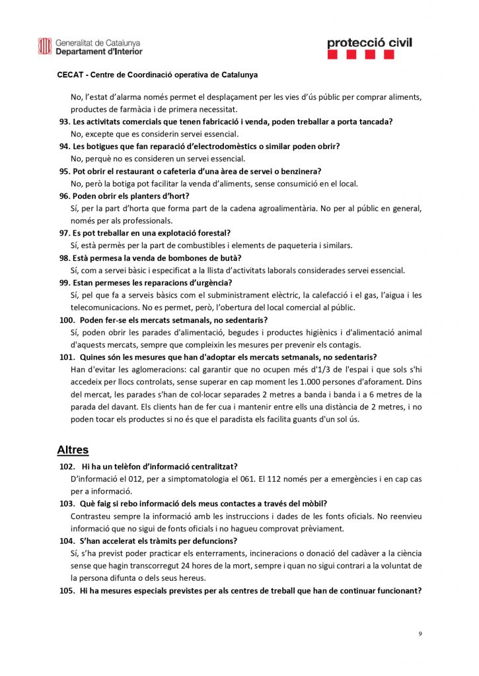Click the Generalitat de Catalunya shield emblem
(x=44, y=46)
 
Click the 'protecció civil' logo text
(x=369, y=43)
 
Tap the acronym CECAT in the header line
(x=71, y=75)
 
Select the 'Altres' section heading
(x=73, y=450)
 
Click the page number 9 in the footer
(x=420, y=634)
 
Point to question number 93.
(x=64, y=121)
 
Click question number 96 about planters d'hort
(x=64, y=196)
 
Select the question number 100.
(x=67, y=320)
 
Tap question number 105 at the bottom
(x=67, y=591)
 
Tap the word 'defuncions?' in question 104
(x=215, y=541)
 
